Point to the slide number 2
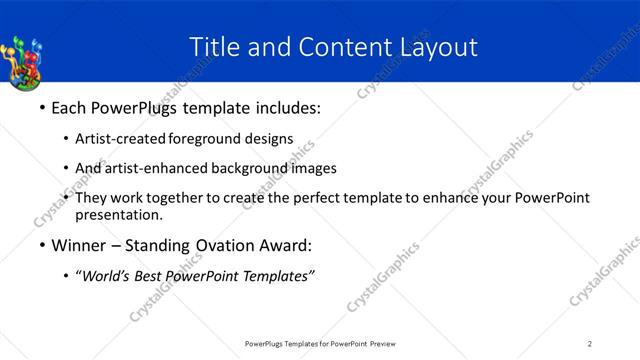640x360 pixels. click(x=590, y=344)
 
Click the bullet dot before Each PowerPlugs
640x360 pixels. click(x=41, y=106)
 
